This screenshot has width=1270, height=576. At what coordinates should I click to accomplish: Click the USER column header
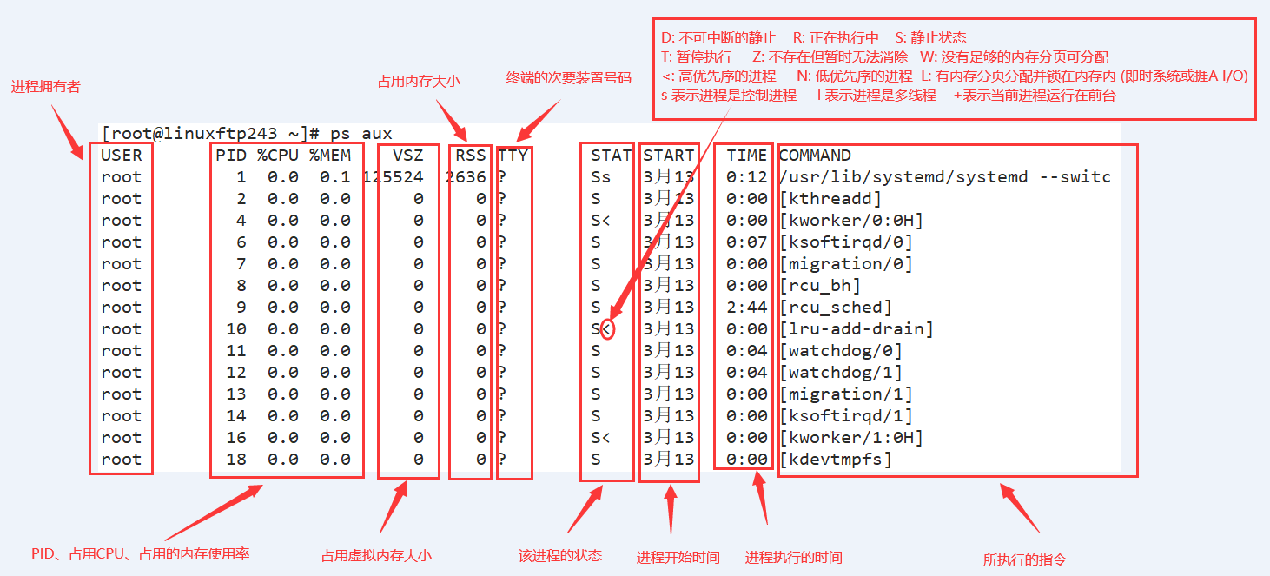tap(121, 156)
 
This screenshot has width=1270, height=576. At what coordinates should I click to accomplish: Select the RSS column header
tap(470, 156)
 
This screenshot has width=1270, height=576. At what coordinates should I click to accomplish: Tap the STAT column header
tap(611, 156)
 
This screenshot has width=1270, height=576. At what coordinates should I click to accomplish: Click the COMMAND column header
tap(815, 156)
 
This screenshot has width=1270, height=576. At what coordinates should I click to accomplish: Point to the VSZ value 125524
tap(393, 177)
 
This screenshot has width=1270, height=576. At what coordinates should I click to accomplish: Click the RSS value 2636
tap(466, 177)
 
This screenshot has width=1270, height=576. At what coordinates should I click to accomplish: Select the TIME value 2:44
tap(747, 308)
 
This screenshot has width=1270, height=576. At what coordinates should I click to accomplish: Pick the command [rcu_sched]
tap(836, 308)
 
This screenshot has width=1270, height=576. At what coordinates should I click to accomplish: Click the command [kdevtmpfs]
tap(836, 460)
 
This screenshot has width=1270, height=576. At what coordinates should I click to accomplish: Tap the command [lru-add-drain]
tap(857, 329)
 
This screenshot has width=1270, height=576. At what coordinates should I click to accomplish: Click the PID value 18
tap(236, 460)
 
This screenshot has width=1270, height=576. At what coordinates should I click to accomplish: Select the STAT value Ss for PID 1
tap(600, 177)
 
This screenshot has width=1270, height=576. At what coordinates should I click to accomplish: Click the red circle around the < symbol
tap(608, 329)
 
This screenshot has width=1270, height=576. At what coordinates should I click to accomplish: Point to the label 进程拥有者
tap(45, 87)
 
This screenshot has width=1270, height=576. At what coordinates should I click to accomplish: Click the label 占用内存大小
tap(419, 82)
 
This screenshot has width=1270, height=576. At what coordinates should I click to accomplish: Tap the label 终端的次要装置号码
tap(568, 78)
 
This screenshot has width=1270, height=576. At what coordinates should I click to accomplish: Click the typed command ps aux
tap(361, 134)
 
